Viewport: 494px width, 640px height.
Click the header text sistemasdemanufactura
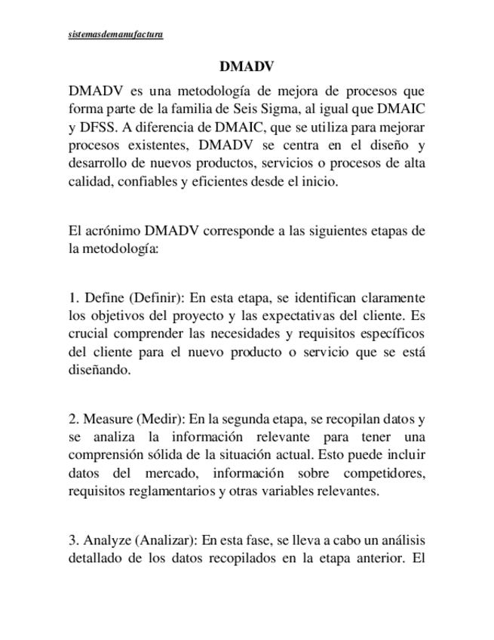115,34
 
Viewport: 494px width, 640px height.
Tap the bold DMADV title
246,66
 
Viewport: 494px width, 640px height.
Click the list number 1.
72,297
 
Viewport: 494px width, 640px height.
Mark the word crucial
87,334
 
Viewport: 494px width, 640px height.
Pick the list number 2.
72,420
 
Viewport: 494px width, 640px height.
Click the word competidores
384,474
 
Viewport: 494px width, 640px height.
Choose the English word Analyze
106,542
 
